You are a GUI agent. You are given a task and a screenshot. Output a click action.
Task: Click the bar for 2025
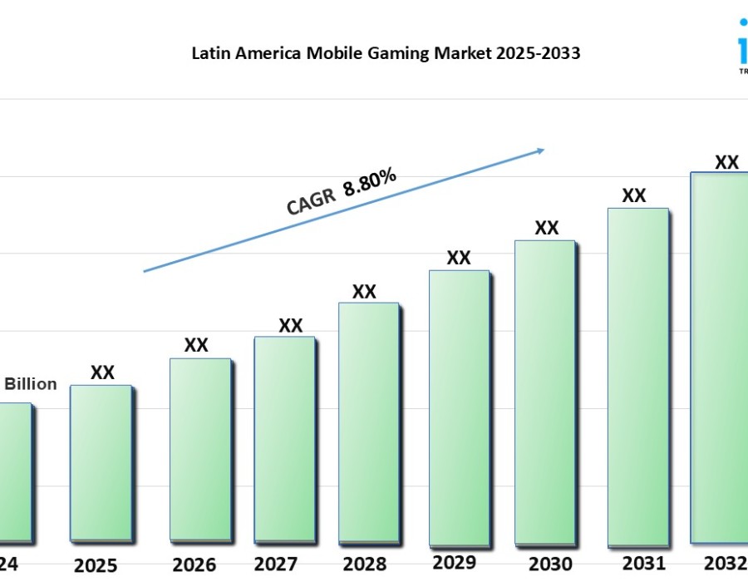pos(100,462)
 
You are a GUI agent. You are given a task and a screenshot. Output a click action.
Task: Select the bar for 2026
pos(199,449)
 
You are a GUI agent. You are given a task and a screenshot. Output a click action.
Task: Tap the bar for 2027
pos(284,438)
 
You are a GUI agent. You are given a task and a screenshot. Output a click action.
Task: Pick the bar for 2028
pos(368,422)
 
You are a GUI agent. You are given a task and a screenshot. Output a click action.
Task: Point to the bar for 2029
pos(459,406)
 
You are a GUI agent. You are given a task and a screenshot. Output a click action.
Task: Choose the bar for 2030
pos(544,391)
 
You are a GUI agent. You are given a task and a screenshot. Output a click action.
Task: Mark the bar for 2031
pos(637,374)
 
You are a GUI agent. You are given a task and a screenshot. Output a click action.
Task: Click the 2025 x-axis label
pos(96,566)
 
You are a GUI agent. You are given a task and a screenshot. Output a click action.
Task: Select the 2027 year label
pos(276,565)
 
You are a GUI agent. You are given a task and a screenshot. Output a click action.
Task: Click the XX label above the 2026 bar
pos(196,345)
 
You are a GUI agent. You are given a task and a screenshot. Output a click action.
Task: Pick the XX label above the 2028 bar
pos(364,292)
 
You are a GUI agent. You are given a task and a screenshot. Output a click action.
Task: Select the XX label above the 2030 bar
pos(546,228)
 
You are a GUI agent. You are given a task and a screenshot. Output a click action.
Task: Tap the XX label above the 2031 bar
pos(634,195)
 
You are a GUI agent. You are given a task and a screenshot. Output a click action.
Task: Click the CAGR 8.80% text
pos(342,192)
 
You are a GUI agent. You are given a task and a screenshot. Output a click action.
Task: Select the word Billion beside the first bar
pos(32,384)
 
